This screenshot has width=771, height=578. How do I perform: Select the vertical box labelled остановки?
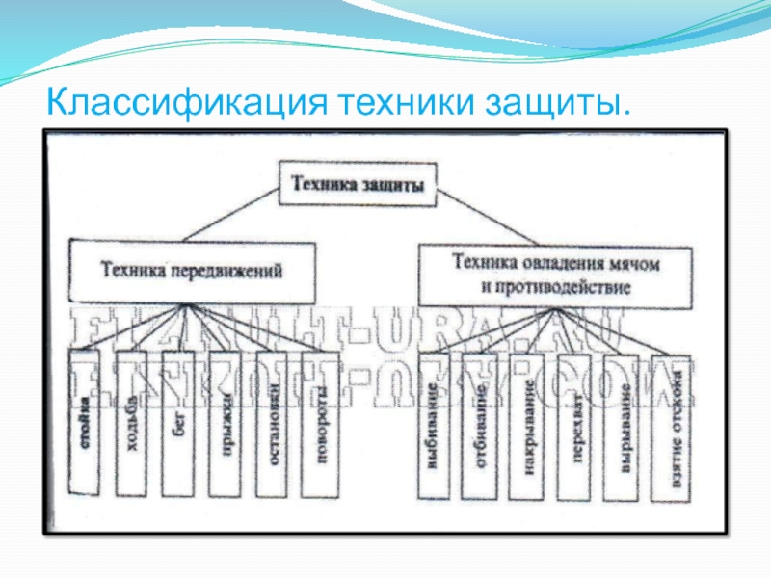[275, 424]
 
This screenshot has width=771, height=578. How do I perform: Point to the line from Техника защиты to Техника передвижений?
[231, 222]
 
